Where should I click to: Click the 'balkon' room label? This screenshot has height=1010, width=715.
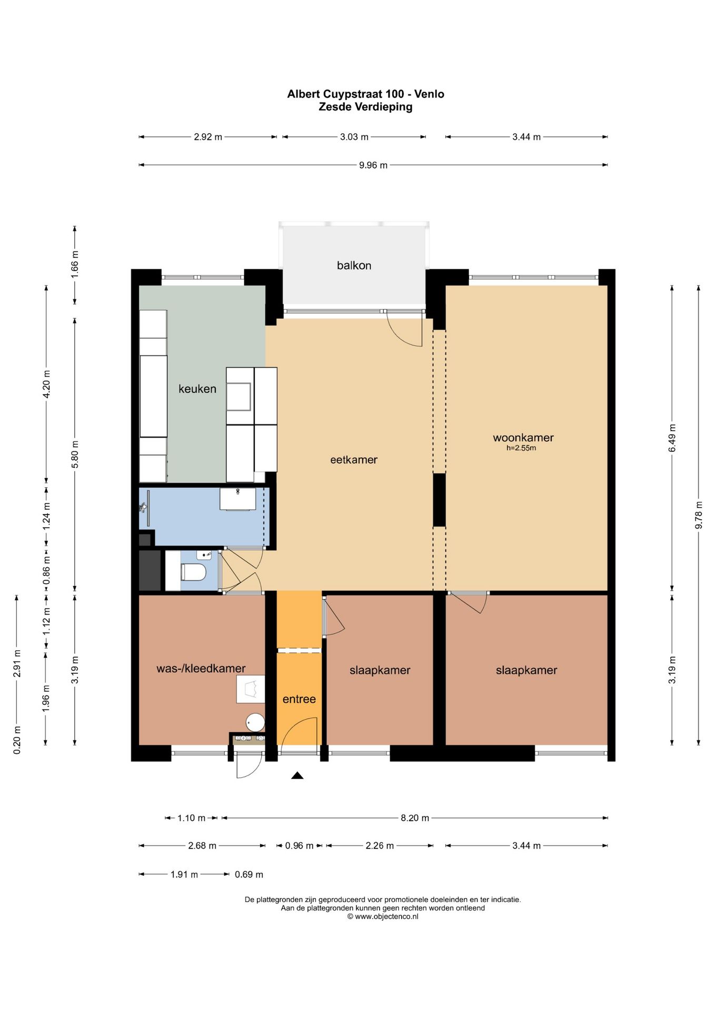coord(354,266)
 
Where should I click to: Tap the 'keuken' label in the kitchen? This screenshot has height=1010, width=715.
coord(197,389)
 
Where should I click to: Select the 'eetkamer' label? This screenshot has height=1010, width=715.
coord(354,460)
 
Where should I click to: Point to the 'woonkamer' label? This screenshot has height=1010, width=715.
coord(523,438)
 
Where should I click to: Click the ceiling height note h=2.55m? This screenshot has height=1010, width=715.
coord(521,448)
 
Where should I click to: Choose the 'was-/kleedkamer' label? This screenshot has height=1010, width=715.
coord(201,669)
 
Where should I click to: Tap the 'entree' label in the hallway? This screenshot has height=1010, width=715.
coord(299,699)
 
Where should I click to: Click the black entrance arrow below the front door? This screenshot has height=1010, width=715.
coord(297,775)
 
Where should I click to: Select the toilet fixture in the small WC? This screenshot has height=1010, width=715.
coord(193,572)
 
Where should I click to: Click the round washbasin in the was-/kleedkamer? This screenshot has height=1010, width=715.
coord(255,722)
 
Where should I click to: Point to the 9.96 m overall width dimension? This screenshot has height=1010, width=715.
coord(373,165)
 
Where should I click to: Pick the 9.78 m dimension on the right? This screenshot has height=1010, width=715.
coord(699,516)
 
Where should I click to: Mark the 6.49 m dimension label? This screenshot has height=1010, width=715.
coord(672,438)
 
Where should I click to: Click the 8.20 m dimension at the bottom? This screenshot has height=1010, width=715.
coord(415,818)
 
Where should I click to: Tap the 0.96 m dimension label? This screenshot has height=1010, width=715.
coord(299,846)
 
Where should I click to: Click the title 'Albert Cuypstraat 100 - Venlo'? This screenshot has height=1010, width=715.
coord(365,94)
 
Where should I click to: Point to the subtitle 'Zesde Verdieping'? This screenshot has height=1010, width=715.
coord(365,107)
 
